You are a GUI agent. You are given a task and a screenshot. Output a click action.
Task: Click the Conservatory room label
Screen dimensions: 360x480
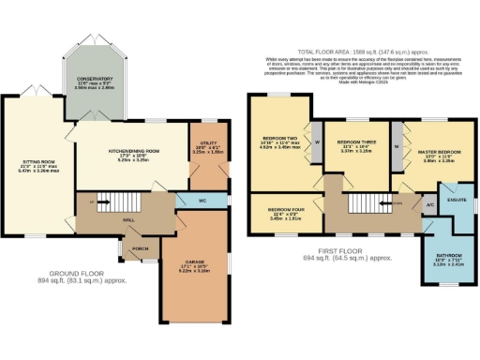(x=97, y=82)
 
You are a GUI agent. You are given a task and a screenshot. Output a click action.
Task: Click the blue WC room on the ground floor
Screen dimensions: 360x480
(x=202, y=200)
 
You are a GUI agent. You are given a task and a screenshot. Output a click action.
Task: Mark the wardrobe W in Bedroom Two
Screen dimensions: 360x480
(x=316, y=142)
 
